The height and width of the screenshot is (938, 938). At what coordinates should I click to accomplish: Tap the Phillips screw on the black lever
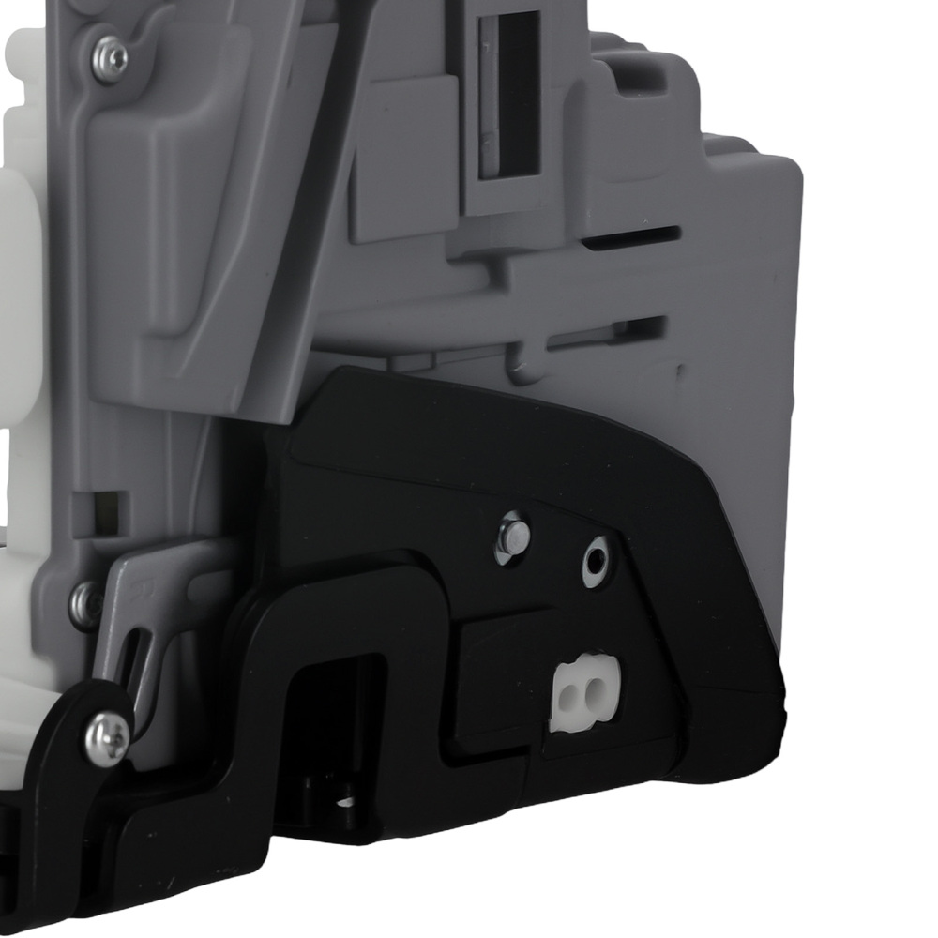coord(107,737)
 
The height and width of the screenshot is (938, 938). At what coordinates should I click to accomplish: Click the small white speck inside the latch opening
coord(345,802)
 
